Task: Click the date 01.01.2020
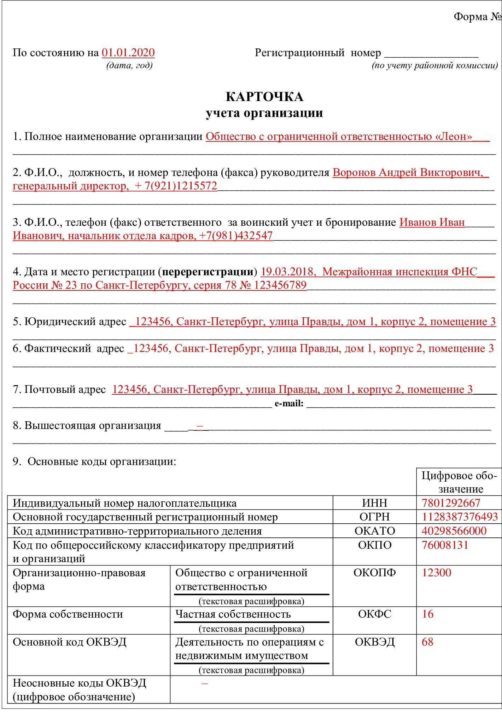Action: click(x=128, y=53)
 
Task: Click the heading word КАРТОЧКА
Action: click(x=264, y=97)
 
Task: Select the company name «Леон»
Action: click(x=454, y=137)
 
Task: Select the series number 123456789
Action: click(x=280, y=285)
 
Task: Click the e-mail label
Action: click(x=289, y=404)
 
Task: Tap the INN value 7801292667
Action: click(x=451, y=503)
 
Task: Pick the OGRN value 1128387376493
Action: click(x=460, y=517)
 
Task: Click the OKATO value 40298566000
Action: click(x=454, y=531)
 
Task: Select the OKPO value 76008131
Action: click(x=445, y=545)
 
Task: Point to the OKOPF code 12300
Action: click(x=436, y=572)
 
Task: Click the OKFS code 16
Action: click(x=427, y=614)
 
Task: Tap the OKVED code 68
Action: click(x=427, y=641)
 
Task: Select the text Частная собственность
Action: click(x=233, y=614)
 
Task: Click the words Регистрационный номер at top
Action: click(x=318, y=53)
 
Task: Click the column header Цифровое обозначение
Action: click(x=459, y=482)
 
